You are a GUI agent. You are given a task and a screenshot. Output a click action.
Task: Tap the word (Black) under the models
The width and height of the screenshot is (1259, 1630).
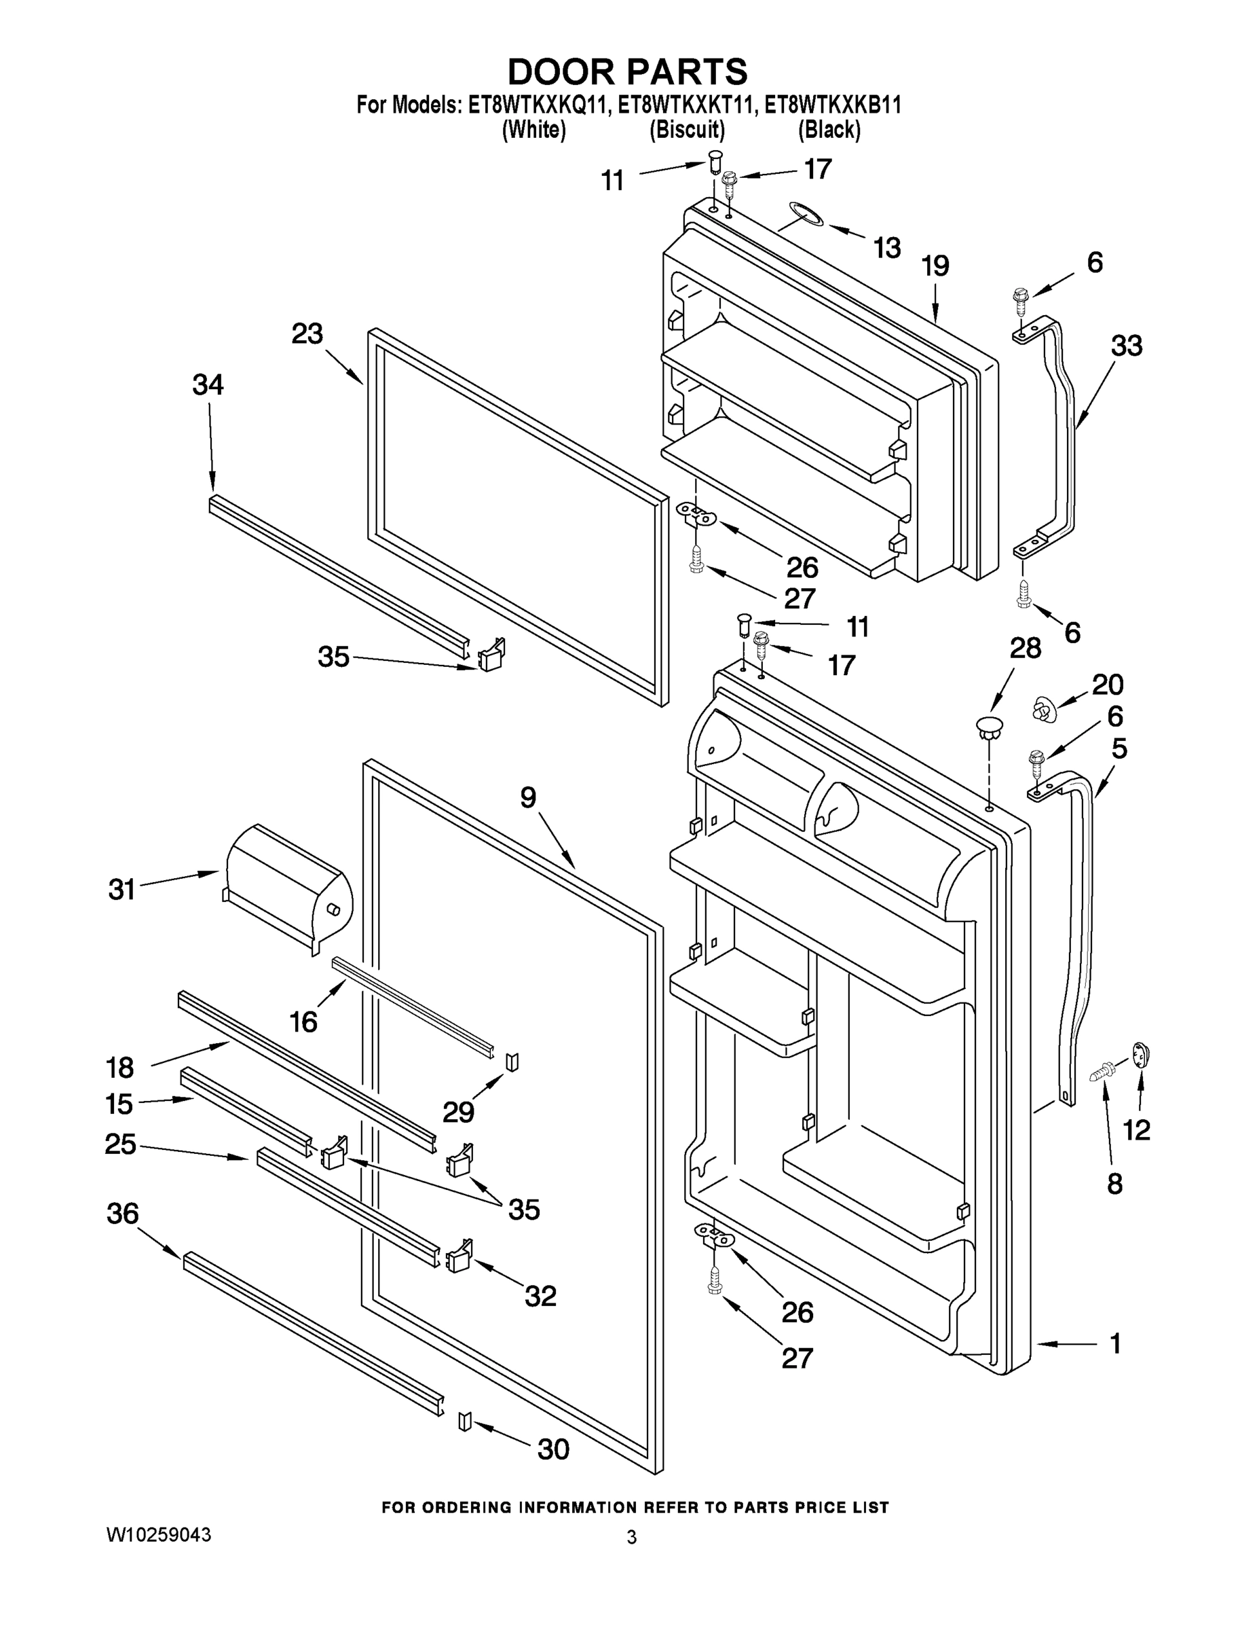click(x=829, y=130)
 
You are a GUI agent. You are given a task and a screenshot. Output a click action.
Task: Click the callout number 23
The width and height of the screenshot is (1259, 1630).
click(x=307, y=333)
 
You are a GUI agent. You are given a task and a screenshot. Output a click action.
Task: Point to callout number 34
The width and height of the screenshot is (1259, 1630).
click(x=208, y=384)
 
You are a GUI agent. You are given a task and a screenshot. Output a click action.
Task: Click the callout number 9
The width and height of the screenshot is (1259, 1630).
click(x=528, y=797)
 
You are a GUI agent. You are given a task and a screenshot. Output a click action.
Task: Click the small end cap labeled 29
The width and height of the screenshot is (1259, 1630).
click(x=512, y=1062)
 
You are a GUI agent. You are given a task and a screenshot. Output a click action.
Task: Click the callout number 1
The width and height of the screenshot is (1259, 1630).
click(x=1115, y=1344)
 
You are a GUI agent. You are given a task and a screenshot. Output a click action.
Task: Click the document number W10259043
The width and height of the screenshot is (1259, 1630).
click(x=158, y=1534)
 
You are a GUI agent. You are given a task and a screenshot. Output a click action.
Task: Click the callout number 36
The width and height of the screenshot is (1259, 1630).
click(x=122, y=1214)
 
